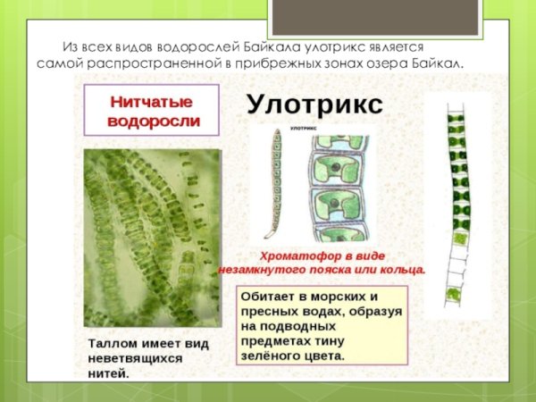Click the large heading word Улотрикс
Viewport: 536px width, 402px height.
(314, 105)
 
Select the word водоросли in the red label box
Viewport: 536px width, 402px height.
(153, 121)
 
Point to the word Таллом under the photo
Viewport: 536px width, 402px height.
(112, 342)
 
